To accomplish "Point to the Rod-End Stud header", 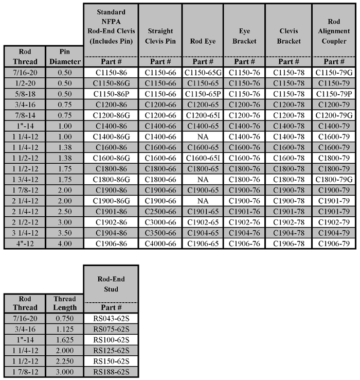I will point(112,283).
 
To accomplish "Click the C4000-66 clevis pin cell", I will point(159,243).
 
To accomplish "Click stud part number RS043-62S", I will point(112,319).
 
